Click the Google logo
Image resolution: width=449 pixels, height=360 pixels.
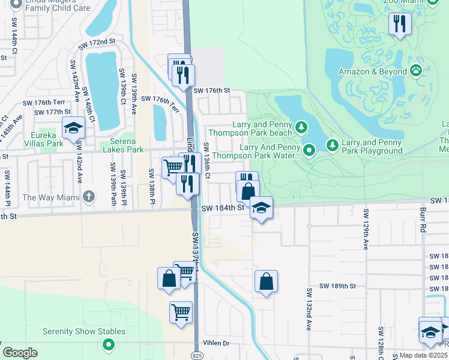(x=20, y=353)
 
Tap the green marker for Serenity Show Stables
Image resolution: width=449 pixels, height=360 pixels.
(x=108, y=344)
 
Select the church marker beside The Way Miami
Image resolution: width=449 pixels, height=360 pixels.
(x=88, y=196)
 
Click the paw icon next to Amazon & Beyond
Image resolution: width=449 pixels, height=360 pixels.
(x=416, y=71)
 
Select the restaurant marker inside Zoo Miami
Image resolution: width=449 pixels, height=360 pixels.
(x=399, y=23)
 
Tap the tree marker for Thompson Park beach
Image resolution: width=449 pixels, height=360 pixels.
(x=301, y=127)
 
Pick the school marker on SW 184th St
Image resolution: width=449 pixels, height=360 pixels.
(x=261, y=208)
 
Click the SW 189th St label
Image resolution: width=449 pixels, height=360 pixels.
(x=337, y=286)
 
